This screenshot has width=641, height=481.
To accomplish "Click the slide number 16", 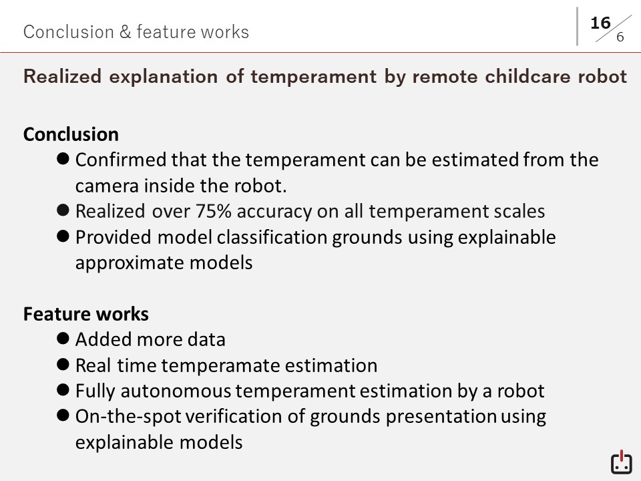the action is pos(600,23).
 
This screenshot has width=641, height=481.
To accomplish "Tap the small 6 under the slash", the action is pos(620,37).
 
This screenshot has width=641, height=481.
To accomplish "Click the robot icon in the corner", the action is pos(622,462).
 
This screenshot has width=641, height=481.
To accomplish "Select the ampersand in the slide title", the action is pos(125,32).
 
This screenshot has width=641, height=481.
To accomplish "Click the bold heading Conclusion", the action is pos(71,134).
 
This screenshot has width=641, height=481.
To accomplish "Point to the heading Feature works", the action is pos(86,314).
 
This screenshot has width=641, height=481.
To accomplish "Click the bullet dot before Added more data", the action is pos(63,338).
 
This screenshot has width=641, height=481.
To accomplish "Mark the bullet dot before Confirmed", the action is pos(63,158).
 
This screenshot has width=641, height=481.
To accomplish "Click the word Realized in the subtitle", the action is pos(63,76).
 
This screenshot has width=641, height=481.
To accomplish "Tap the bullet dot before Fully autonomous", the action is pos(63,389).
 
